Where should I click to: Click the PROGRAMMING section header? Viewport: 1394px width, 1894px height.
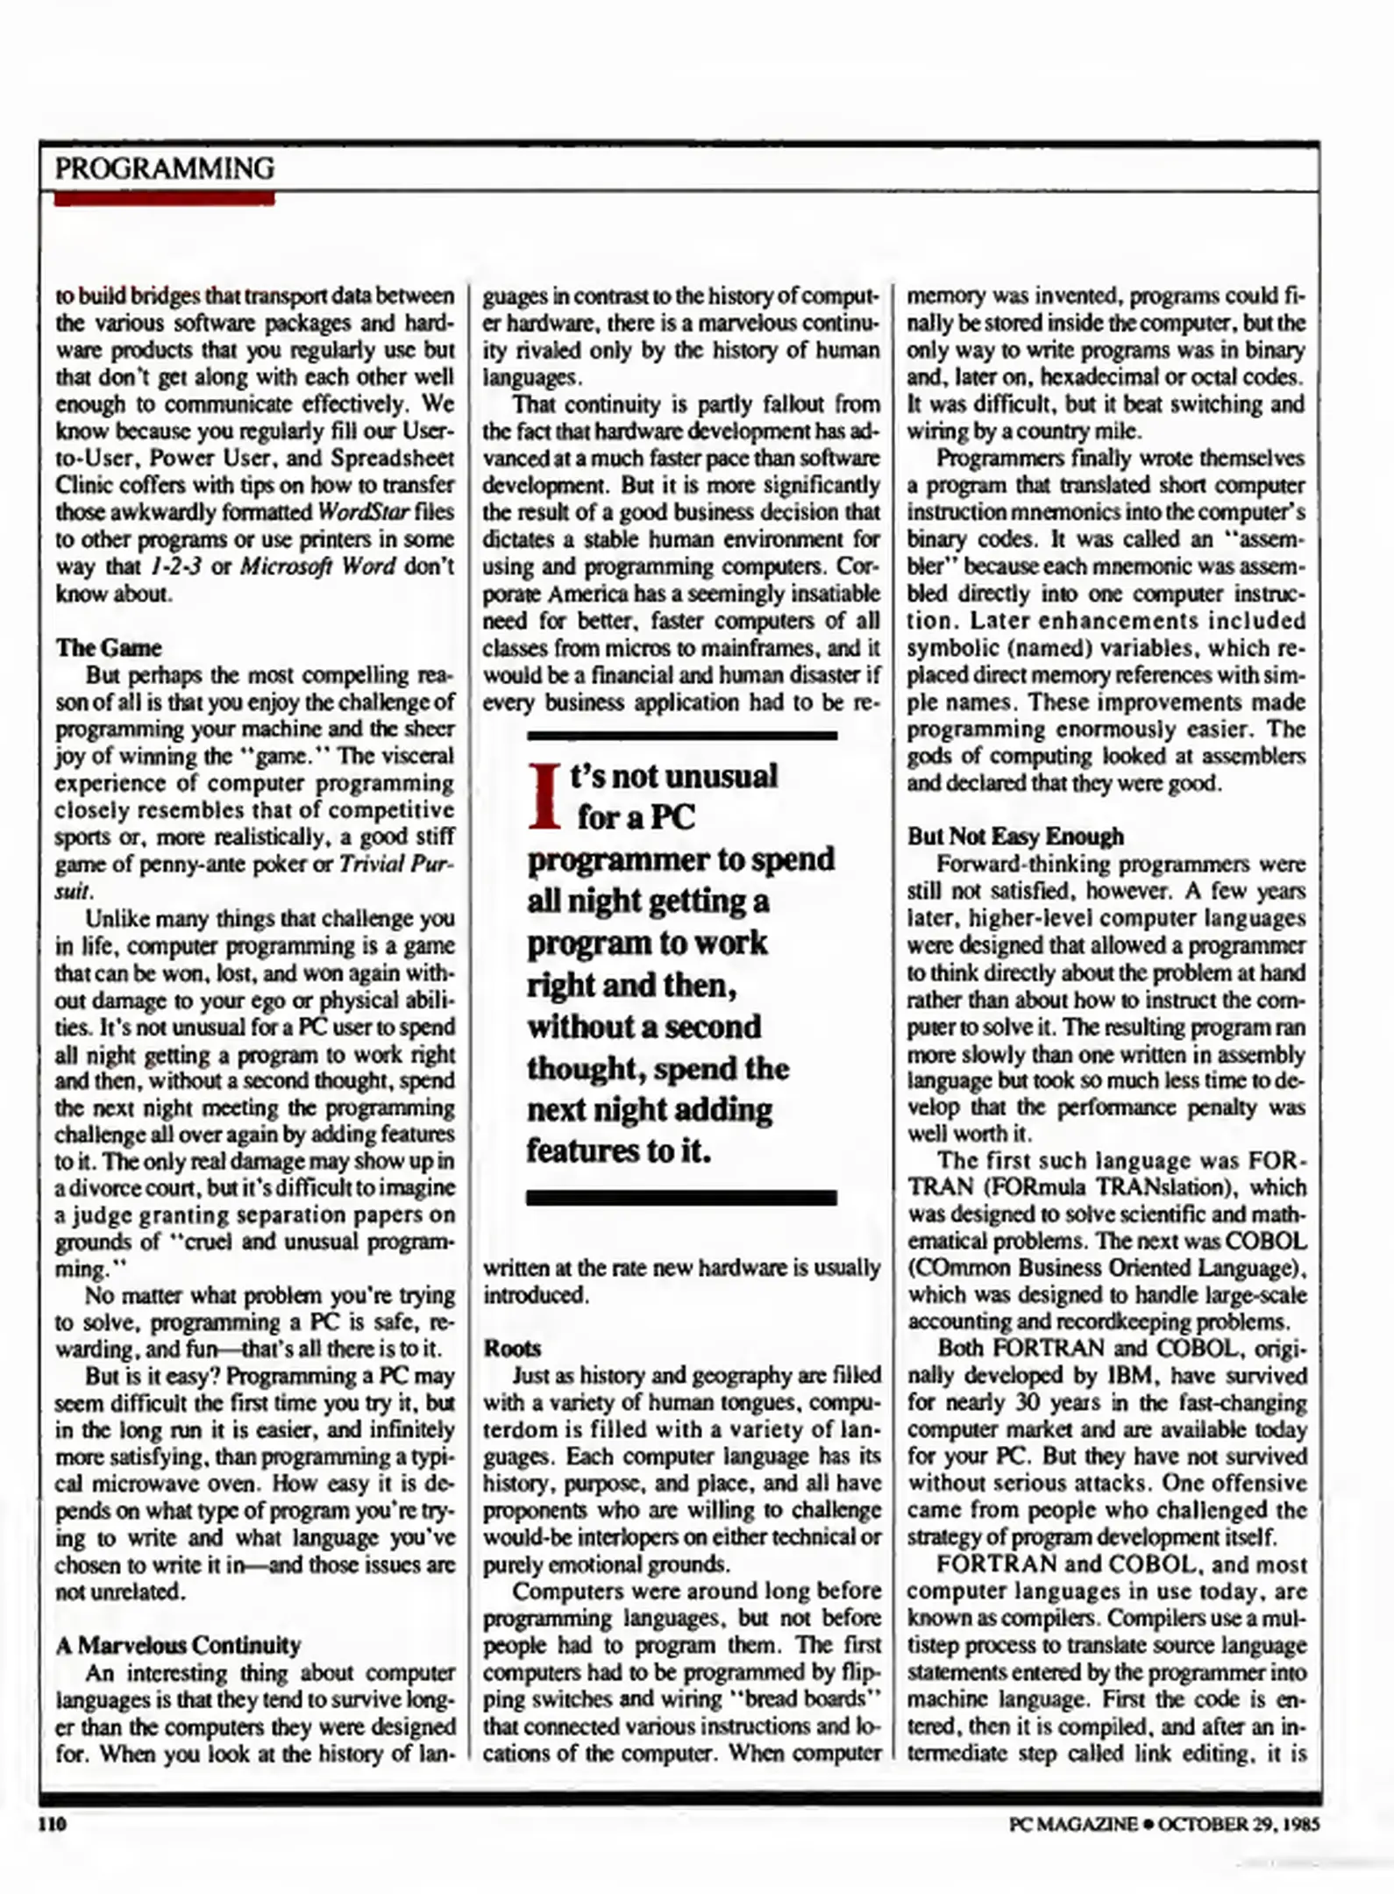pyautogui.click(x=164, y=167)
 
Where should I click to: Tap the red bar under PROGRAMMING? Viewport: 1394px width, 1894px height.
pyautogui.click(x=164, y=199)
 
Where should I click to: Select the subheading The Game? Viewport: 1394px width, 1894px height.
pyautogui.click(x=109, y=648)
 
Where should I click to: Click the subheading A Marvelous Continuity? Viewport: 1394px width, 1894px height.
pyautogui.click(x=178, y=1645)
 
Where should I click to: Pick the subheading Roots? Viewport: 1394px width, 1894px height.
pyautogui.click(x=512, y=1349)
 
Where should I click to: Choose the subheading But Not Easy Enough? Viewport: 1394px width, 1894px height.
pyautogui.click(x=1014, y=837)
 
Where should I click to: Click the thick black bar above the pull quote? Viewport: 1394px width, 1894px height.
pyautogui.click(x=681, y=735)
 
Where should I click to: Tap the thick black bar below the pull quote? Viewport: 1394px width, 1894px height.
pyautogui.click(x=681, y=1198)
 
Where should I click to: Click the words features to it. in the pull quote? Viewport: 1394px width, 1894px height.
pyautogui.click(x=618, y=1151)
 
